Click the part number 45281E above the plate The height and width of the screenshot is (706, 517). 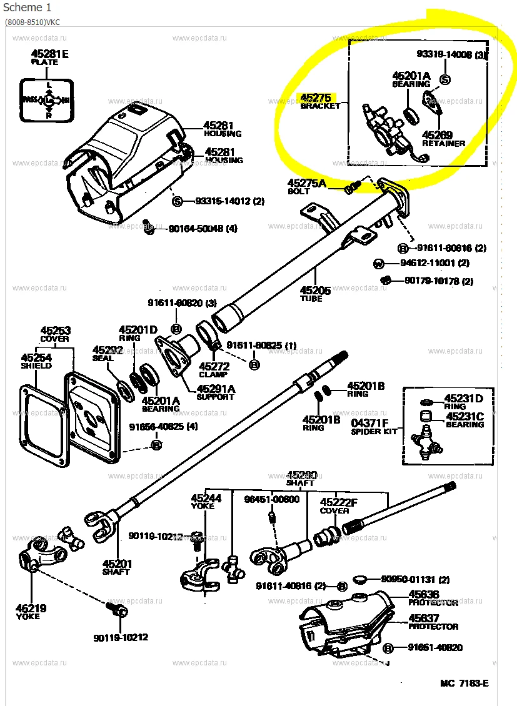[x=49, y=54]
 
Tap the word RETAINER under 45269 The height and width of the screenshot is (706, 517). [x=443, y=143]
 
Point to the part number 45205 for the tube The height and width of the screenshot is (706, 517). [x=315, y=290]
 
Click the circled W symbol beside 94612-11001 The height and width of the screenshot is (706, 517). [x=378, y=263]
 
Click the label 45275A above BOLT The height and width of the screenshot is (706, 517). [x=307, y=183]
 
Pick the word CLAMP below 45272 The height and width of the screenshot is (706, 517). [x=214, y=375]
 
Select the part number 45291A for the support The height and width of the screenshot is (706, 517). [x=216, y=388]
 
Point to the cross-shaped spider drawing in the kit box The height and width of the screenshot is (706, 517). [x=427, y=444]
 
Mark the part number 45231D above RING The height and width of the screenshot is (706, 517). [x=463, y=398]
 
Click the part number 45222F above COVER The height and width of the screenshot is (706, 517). [x=338, y=502]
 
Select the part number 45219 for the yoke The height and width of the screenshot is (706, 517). [x=31, y=608]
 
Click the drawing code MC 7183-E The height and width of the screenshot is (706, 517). [x=464, y=683]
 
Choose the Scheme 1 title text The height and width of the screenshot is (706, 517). [x=28, y=7]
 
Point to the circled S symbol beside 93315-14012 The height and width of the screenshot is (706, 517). [x=177, y=201]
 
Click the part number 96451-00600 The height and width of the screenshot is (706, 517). [x=271, y=499]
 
